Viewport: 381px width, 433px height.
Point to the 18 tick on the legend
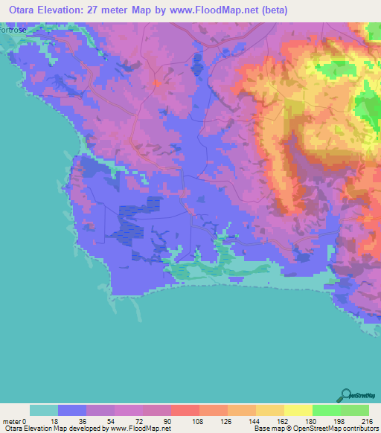[x=57, y=420]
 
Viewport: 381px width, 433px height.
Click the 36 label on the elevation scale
[x=86, y=420]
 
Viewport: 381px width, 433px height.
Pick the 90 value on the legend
[x=170, y=420]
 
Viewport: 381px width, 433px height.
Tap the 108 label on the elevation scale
[x=199, y=420]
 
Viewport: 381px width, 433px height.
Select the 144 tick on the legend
[x=255, y=420]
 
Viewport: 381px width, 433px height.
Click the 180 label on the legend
[x=312, y=420]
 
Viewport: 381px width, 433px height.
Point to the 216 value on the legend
[x=368, y=420]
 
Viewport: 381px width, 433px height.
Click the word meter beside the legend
[x=10, y=420]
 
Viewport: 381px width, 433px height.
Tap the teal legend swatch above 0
[x=44, y=410]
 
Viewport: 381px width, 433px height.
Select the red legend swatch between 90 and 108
[x=185, y=410]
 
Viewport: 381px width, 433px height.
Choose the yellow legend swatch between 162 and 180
[x=298, y=410]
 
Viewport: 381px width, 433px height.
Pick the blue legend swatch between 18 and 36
[x=72, y=410]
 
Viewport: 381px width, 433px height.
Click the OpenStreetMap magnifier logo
[x=347, y=395]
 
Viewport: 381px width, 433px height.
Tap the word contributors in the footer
[x=359, y=429]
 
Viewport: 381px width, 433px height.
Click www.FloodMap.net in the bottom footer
[x=141, y=429]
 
